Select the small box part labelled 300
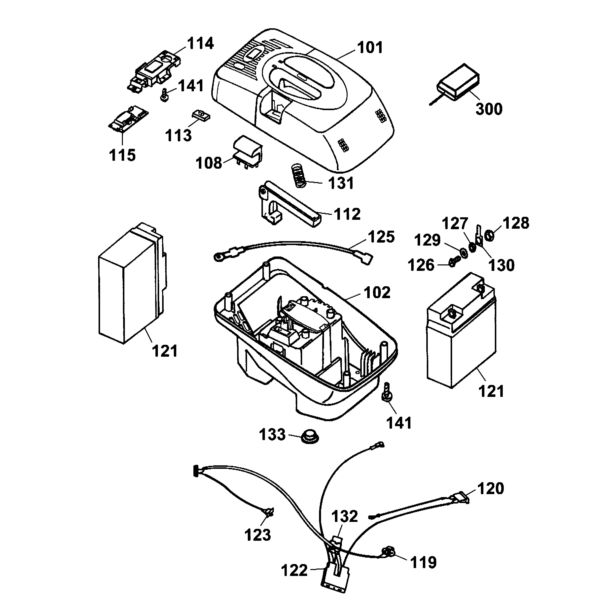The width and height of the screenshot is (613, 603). [458, 82]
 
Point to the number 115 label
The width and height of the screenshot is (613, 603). [122, 155]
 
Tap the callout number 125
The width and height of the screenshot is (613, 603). [381, 237]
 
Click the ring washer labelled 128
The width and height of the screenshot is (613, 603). [490, 235]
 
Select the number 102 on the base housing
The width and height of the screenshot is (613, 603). [377, 292]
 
